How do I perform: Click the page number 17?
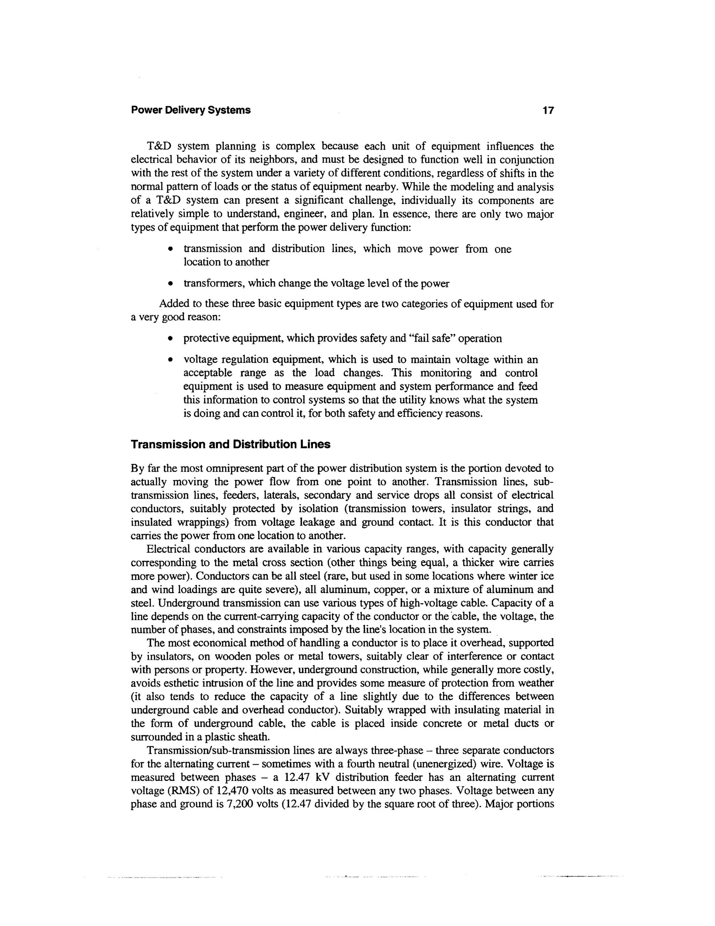[x=548, y=111]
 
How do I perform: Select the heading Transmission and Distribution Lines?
[x=230, y=445]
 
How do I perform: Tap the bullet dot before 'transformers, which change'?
[x=170, y=284]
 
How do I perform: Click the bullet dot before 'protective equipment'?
[x=170, y=339]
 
